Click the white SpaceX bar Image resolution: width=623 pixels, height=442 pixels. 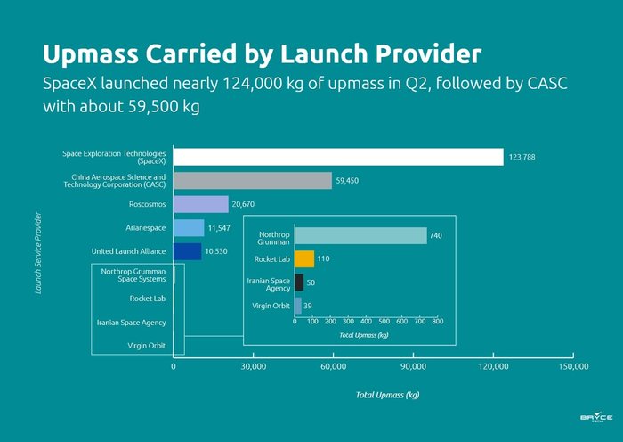pos(338,157)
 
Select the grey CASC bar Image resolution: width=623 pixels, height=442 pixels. pos(253,181)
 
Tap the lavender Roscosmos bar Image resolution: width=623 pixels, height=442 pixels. pos(201,204)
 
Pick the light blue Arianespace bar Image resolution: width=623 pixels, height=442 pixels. pos(189,228)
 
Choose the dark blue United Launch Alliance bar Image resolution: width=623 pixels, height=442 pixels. pos(188,251)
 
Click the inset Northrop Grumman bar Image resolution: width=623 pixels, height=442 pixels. pos(360,236)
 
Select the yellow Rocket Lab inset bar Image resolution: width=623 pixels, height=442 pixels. pos(304,259)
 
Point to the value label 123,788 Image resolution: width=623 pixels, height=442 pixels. pos(522,158)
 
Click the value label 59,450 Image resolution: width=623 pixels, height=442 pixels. pos(347,181)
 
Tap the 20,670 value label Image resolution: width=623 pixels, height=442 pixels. pos(243,205)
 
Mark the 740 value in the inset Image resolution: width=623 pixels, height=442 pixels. pos(435,236)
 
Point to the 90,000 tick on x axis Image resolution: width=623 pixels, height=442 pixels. pos(413,366)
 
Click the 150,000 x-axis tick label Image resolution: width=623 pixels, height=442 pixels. pos(572,366)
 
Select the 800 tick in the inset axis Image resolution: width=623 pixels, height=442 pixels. pos(437,321)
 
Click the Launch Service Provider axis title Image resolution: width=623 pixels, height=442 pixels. pos(38,252)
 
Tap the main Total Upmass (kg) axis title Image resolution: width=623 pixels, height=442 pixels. pos(387,395)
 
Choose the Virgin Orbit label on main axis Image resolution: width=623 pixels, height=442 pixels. pos(147,345)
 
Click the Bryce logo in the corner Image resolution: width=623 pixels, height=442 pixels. pos(595,419)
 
